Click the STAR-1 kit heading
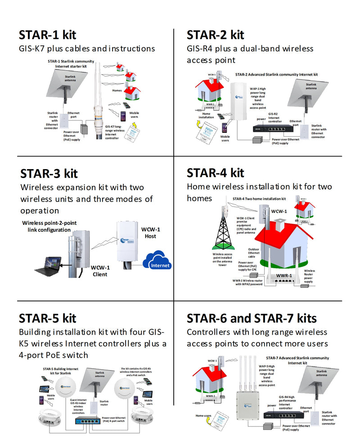[47, 35]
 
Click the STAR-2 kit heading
[215, 35]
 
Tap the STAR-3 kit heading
[49, 173]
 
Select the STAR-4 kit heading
[215, 173]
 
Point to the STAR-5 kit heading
[47, 318]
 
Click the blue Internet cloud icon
[157, 262]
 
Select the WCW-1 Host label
[150, 232]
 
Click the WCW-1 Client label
[100, 271]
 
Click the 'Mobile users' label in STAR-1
[134, 116]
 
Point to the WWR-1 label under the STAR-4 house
[284, 276]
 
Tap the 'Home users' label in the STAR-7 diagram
[203, 416]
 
